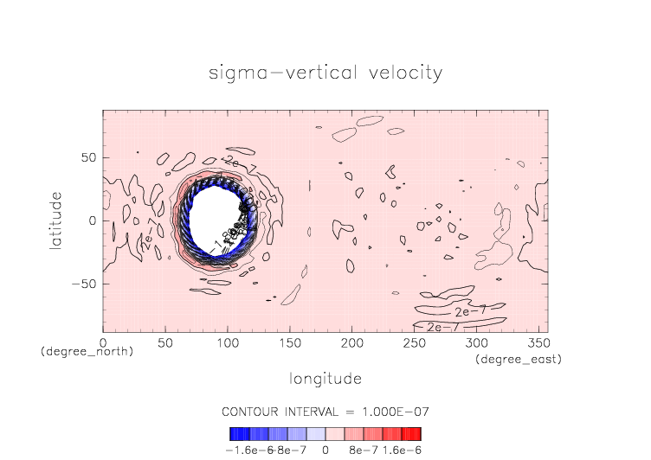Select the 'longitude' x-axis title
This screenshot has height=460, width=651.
click(x=325, y=379)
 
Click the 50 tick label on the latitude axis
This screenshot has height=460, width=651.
click(x=87, y=158)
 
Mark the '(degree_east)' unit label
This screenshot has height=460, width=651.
click(x=518, y=358)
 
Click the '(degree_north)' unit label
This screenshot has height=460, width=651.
click(x=87, y=352)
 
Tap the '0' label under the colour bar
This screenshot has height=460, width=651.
click(x=325, y=450)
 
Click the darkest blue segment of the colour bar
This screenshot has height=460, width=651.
click(x=234, y=434)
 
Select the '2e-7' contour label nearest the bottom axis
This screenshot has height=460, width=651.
click(x=444, y=327)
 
